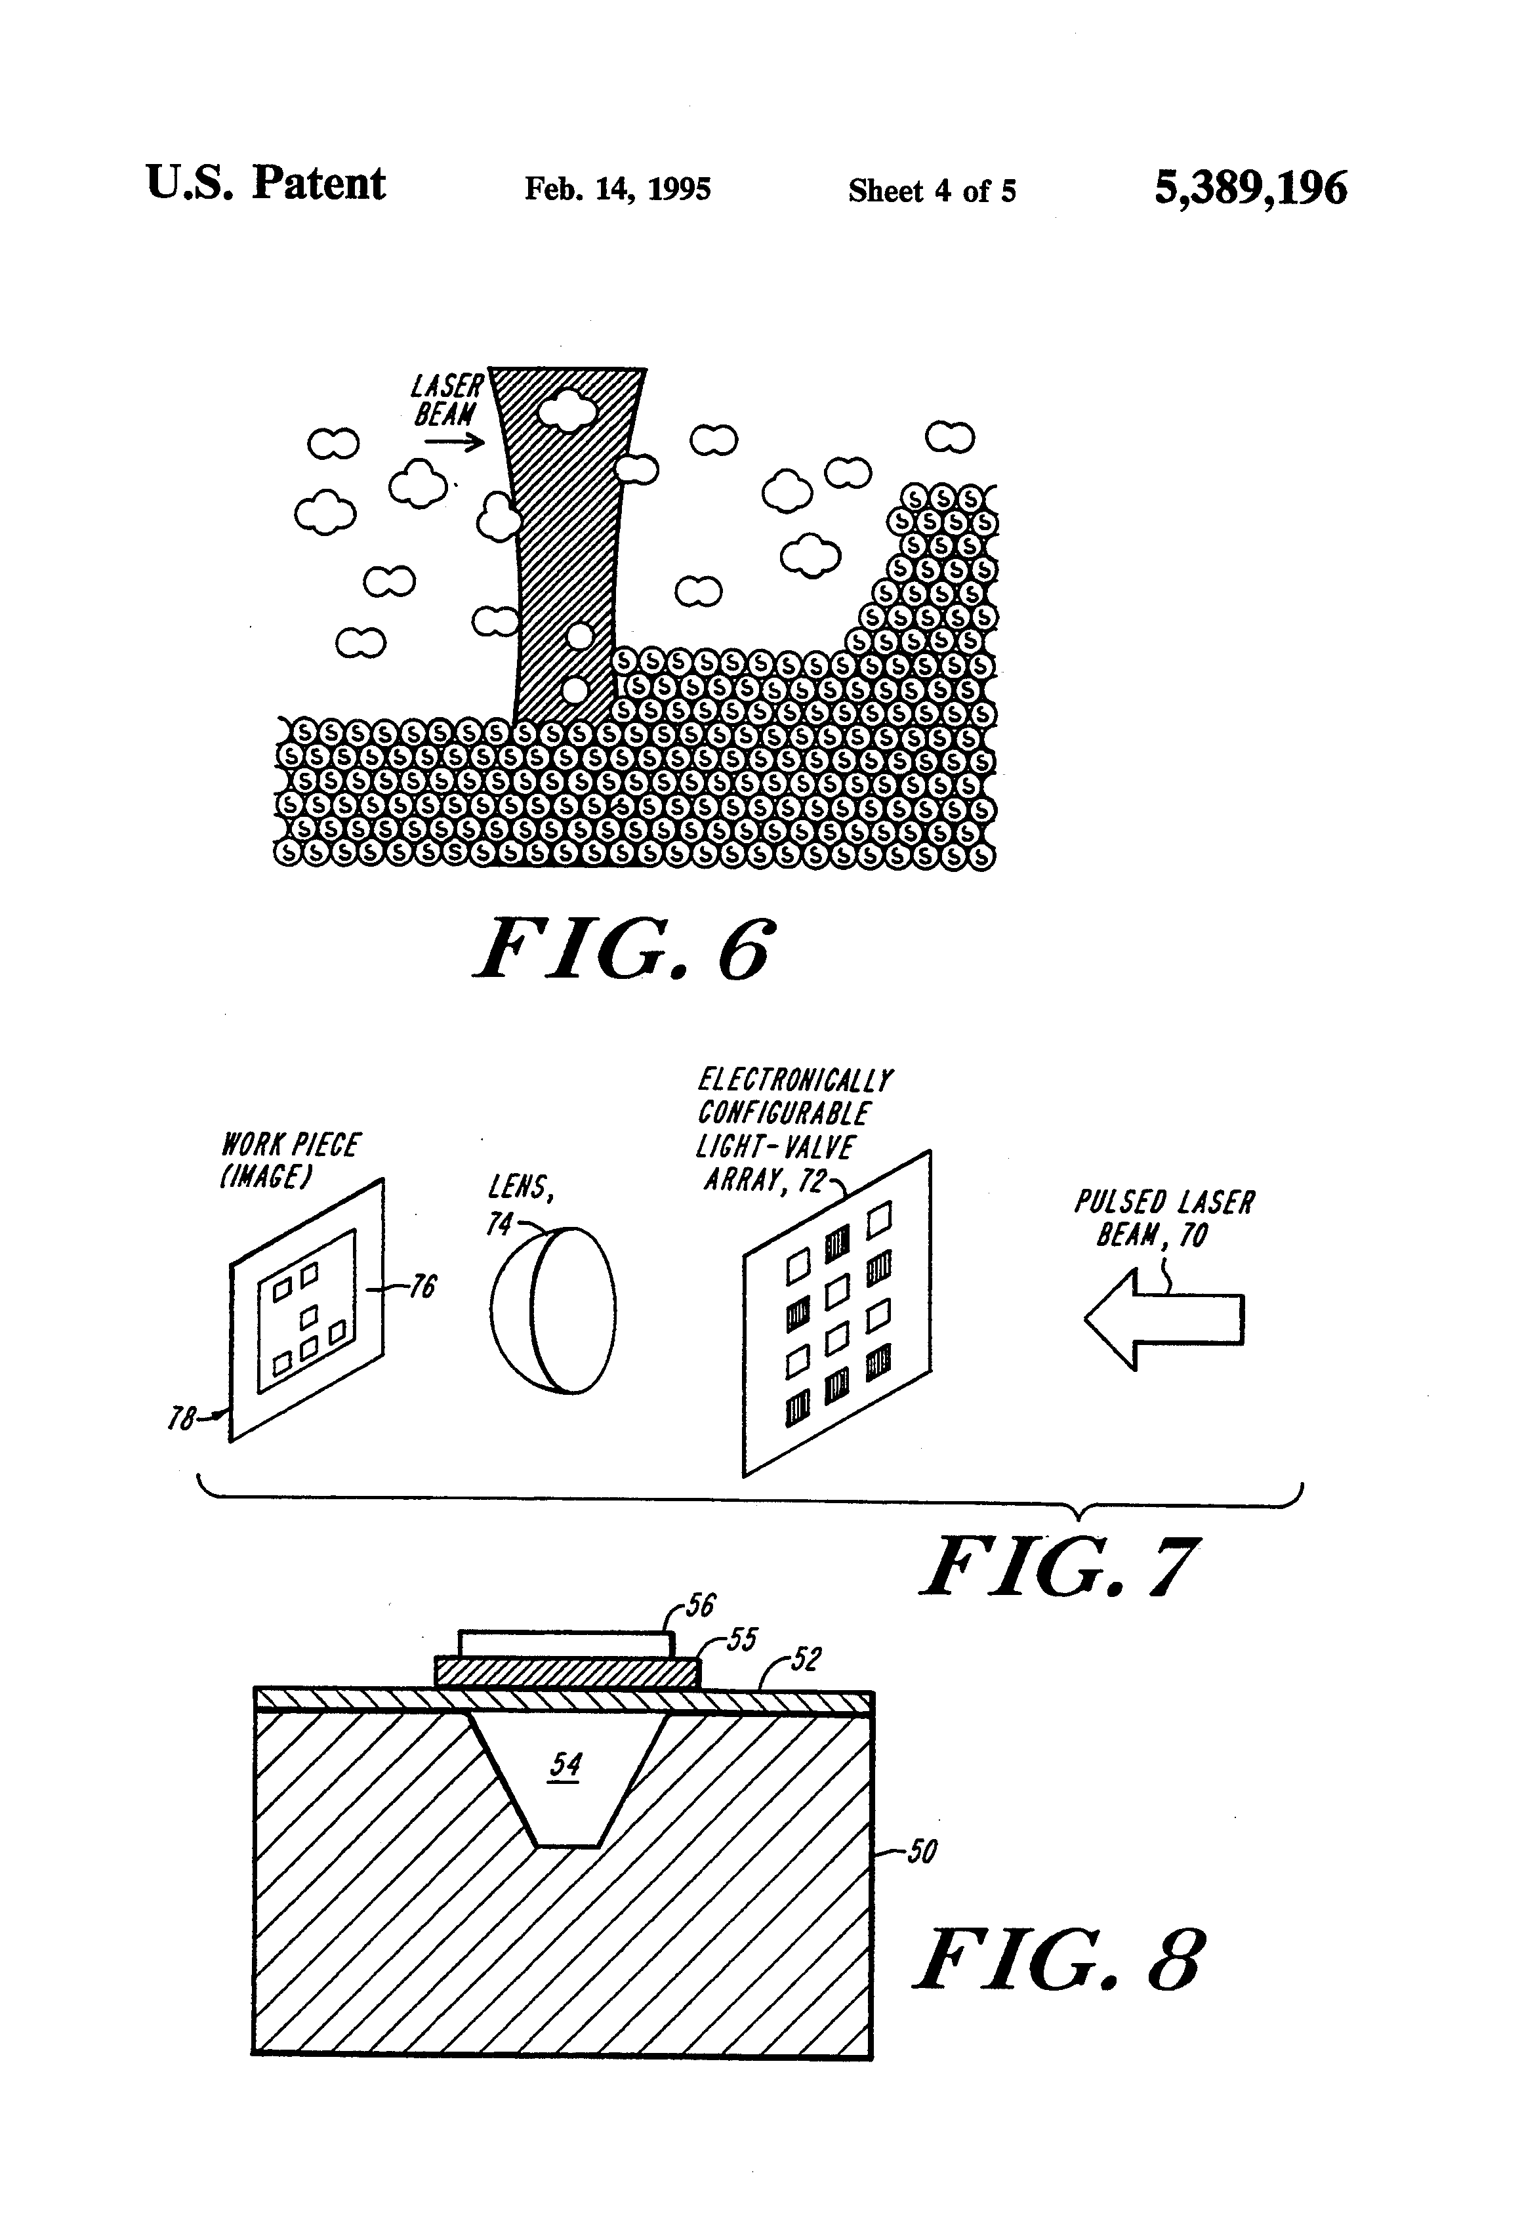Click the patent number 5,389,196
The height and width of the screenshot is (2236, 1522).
1250,188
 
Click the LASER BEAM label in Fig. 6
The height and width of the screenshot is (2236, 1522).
446,400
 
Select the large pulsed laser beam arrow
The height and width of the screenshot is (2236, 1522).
1163,1319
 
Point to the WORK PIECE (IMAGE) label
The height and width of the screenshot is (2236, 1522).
289,1159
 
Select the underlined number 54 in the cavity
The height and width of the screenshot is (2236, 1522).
566,1764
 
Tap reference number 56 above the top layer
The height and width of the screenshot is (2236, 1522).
701,1605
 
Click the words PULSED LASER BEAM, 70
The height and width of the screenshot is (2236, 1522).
1163,1217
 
